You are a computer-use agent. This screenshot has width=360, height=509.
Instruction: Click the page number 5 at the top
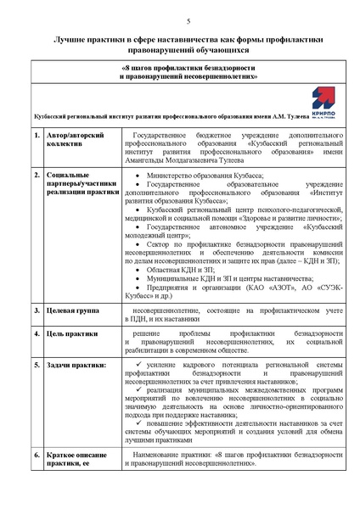[188, 20]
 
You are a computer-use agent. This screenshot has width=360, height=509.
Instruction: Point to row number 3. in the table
[37, 311]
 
